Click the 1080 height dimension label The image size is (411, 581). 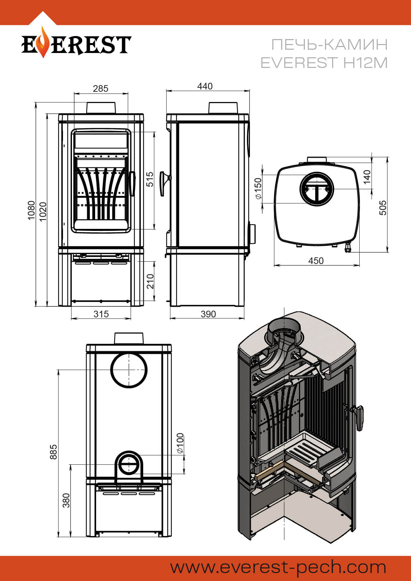31,210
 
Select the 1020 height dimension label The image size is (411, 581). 43,212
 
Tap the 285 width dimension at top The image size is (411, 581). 100,88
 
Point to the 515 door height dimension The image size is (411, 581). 150,179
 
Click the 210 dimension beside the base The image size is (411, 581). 150,281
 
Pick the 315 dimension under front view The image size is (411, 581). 101,314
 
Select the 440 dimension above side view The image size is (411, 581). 205,86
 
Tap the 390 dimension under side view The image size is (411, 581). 208,314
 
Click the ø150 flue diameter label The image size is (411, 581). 258,188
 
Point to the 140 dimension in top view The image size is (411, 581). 367,177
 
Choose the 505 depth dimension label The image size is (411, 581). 382,208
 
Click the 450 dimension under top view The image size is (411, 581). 316,261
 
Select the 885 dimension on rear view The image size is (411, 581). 53,452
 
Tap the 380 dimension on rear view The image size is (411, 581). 66,500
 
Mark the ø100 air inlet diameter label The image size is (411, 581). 180,443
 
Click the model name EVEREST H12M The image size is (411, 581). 324,63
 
